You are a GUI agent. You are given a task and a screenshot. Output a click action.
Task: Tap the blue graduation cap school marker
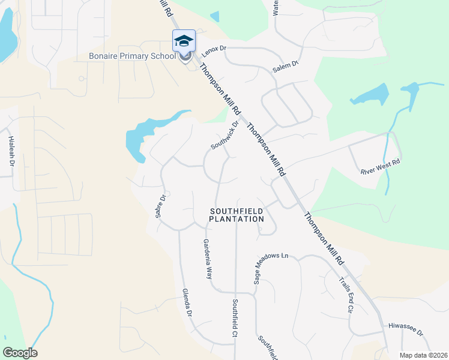click(x=184, y=41)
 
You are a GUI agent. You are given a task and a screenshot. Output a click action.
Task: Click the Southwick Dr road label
click(x=224, y=136)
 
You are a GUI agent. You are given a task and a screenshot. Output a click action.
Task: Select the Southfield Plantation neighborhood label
click(x=237, y=215)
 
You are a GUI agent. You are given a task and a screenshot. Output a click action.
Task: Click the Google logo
click(x=20, y=353)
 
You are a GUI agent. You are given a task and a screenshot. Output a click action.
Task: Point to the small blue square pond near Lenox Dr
click(x=215, y=17)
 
